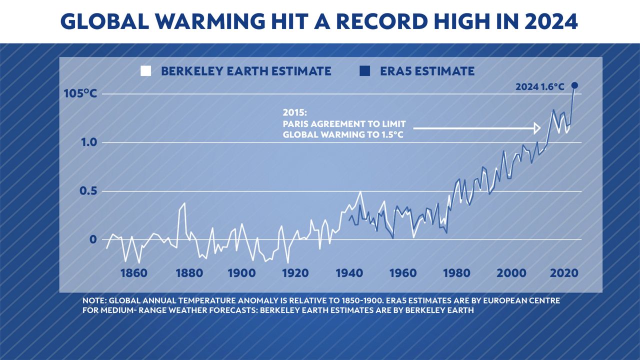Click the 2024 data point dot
point(575,85)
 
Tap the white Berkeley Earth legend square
point(146,71)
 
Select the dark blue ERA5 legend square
point(364,71)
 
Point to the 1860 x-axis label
point(134,273)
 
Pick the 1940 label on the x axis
point(349,273)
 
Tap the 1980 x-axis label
point(456,273)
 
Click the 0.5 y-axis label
point(81,191)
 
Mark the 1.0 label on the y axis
point(81,143)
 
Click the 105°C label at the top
point(80,94)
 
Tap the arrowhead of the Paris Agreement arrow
point(537,128)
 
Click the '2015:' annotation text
point(295,112)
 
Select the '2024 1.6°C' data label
point(540,87)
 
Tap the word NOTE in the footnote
point(93,301)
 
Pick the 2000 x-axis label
point(511,273)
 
